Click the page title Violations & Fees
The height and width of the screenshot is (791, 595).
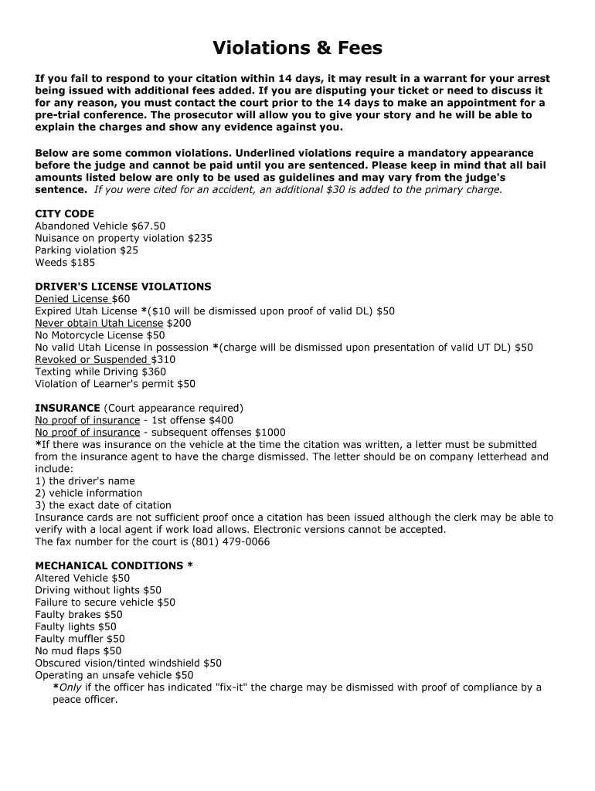coord(297,49)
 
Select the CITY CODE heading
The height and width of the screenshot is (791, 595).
coord(64,214)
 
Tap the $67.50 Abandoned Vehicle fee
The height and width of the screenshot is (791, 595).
coord(148,226)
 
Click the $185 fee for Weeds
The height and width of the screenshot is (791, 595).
coord(83,263)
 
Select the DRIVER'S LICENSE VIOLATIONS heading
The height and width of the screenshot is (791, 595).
coord(123,287)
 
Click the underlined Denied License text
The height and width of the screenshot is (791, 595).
coord(72,299)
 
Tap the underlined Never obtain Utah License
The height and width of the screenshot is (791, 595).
coord(99,323)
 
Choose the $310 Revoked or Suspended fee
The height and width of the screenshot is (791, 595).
coord(163,359)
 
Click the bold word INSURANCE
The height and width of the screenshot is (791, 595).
coord(67,408)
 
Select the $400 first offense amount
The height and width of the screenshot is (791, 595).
coord(220,420)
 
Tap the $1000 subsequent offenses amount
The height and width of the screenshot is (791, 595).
coord(270,433)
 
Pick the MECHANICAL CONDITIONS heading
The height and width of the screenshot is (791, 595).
coord(114,565)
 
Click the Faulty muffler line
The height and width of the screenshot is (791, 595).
coord(80,639)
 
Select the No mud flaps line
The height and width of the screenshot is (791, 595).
coord(78,651)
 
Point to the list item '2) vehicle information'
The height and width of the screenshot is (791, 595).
coord(88,493)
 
